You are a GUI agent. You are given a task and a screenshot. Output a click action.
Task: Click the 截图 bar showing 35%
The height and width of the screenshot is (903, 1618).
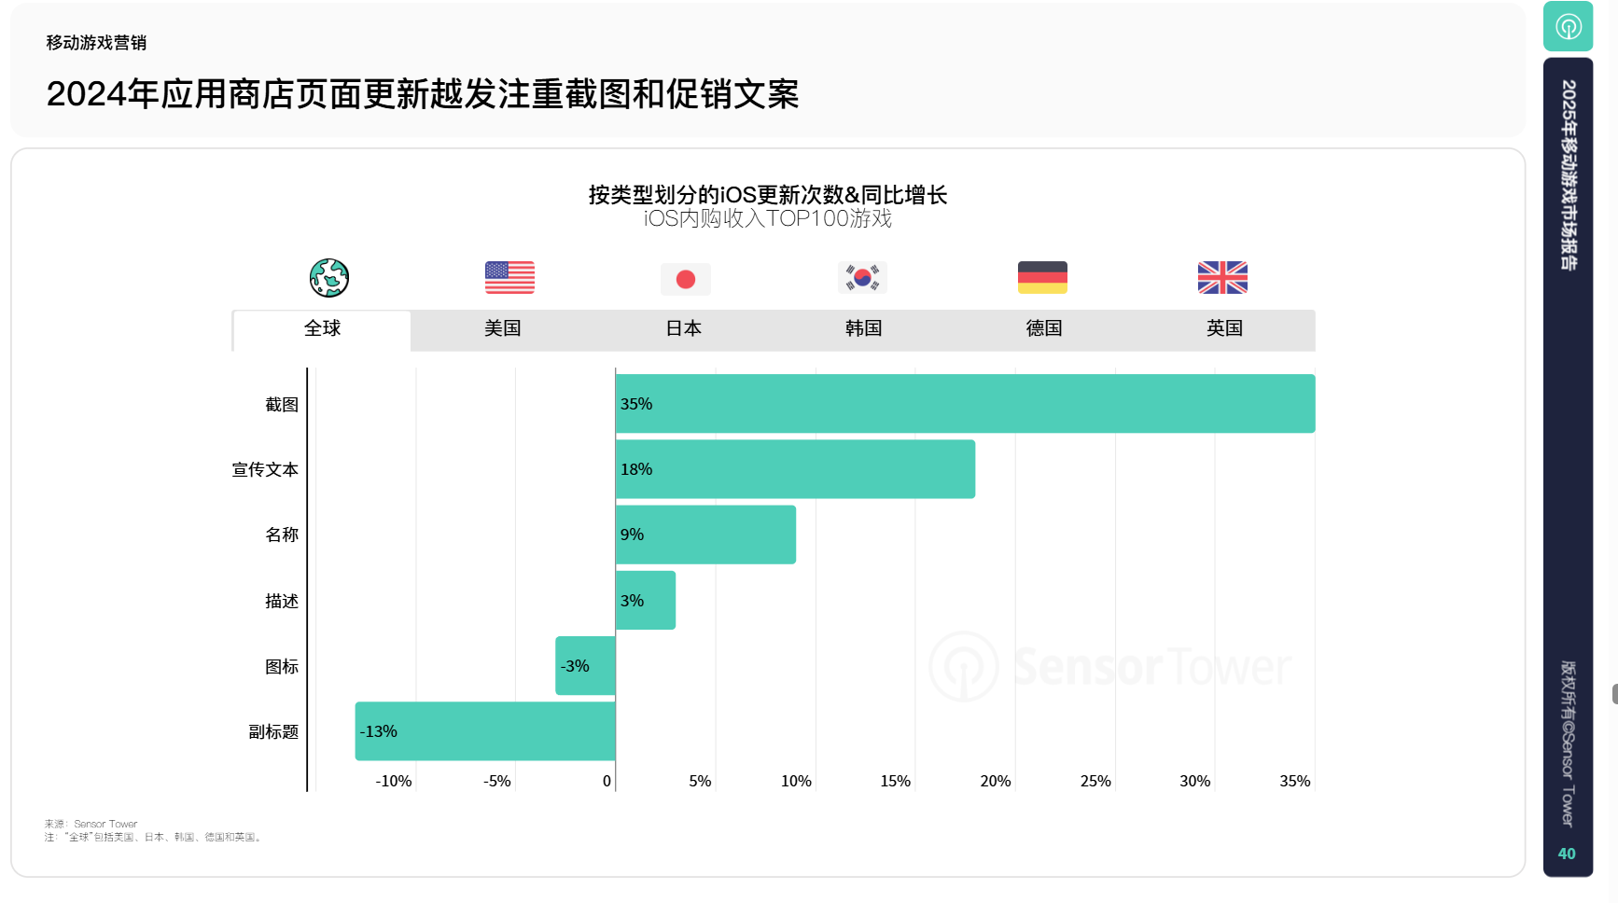tap(965, 404)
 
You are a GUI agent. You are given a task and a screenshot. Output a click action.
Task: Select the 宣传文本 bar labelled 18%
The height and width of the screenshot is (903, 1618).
tap(795, 469)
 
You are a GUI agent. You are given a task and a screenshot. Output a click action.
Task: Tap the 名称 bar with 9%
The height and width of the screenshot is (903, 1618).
tap(705, 535)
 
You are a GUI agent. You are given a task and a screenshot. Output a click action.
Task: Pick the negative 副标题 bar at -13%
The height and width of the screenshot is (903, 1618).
tap(485, 731)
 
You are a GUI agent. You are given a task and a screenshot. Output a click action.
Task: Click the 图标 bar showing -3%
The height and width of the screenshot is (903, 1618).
tap(585, 666)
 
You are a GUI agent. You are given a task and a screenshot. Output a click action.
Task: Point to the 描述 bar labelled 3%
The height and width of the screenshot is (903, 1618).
tap(646, 601)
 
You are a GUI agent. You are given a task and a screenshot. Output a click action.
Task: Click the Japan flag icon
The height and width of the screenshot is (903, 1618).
tap(685, 278)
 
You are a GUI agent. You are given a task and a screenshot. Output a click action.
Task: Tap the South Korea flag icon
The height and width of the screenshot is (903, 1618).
tap(862, 277)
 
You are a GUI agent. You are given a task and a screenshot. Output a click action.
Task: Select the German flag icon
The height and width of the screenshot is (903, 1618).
tap(1042, 277)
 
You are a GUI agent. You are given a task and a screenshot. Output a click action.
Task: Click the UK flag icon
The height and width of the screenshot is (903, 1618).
tap(1222, 277)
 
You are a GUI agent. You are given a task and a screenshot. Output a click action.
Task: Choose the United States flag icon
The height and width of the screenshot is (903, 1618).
tap(509, 277)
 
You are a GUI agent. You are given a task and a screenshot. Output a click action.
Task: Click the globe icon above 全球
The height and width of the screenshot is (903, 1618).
tap(329, 277)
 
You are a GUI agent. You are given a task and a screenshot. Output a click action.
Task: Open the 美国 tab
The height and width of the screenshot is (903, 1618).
tap(503, 328)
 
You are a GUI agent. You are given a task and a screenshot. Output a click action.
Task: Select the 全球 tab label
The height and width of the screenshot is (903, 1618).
tap(322, 328)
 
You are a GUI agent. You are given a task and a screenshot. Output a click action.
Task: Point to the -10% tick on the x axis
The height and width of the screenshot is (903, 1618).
tap(394, 781)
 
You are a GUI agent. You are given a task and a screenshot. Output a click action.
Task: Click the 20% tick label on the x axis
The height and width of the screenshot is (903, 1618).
tap(995, 781)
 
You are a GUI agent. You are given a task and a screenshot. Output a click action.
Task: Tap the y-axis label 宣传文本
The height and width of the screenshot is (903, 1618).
tap(265, 469)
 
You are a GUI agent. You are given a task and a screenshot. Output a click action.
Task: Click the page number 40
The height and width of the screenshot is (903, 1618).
tap(1567, 854)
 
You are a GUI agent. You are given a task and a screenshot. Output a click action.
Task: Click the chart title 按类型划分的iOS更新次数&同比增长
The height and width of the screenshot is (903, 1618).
tap(767, 195)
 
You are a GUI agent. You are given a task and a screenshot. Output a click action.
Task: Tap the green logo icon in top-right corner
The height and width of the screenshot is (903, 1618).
tap(1568, 26)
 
